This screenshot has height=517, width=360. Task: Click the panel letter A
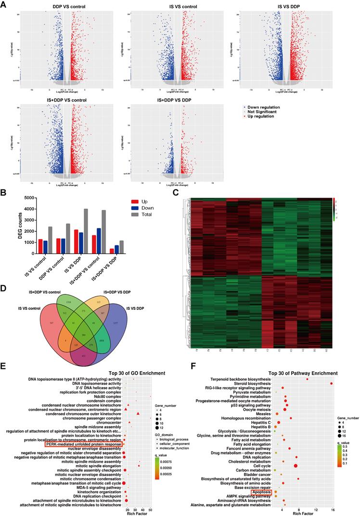point(4,4)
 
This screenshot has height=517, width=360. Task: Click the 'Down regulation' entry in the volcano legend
point(263,107)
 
